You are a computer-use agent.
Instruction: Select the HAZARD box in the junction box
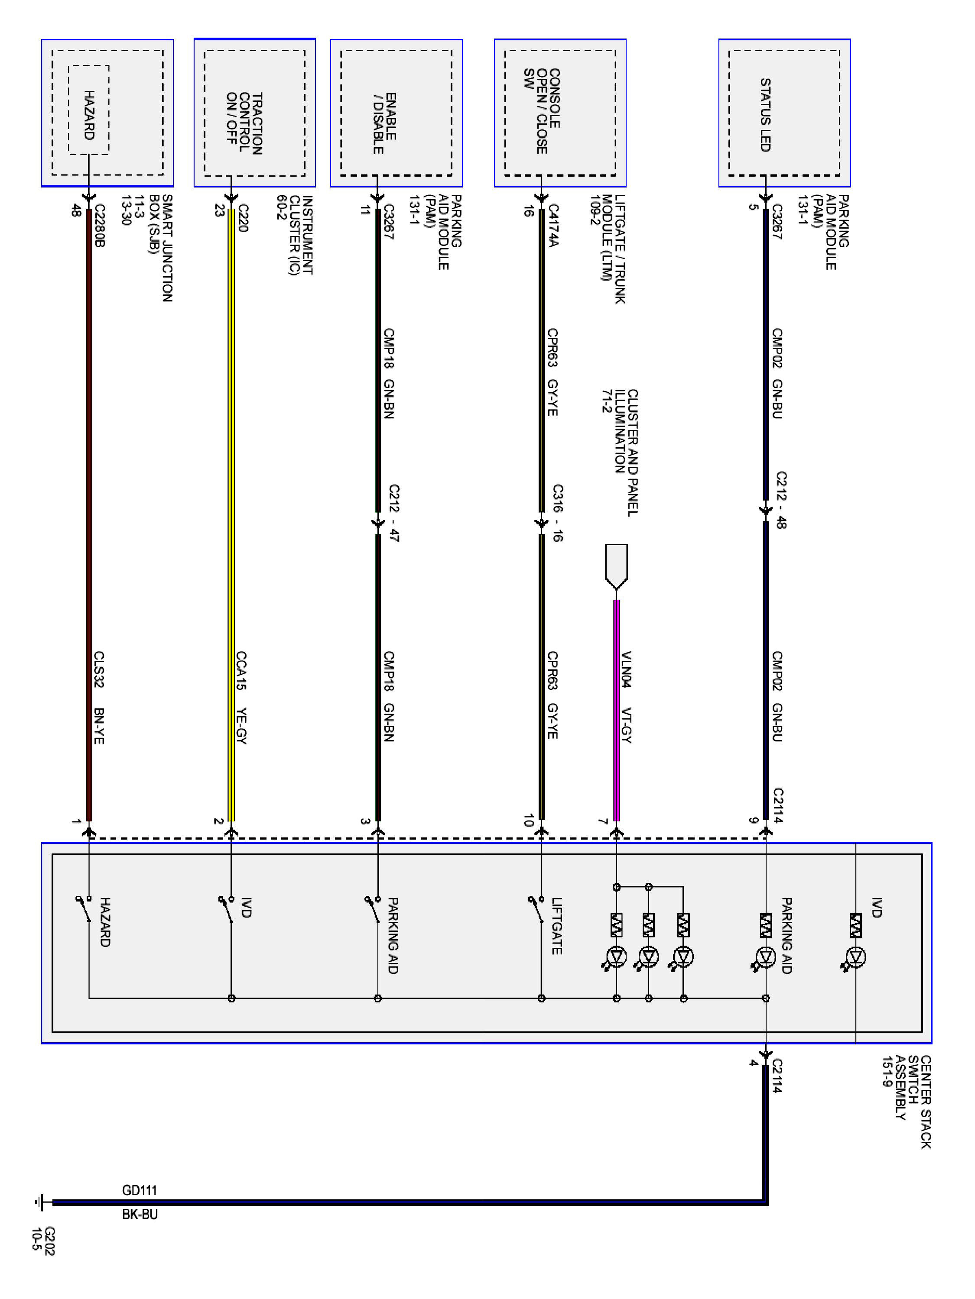tap(89, 110)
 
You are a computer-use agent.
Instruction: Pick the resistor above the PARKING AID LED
tap(765, 925)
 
